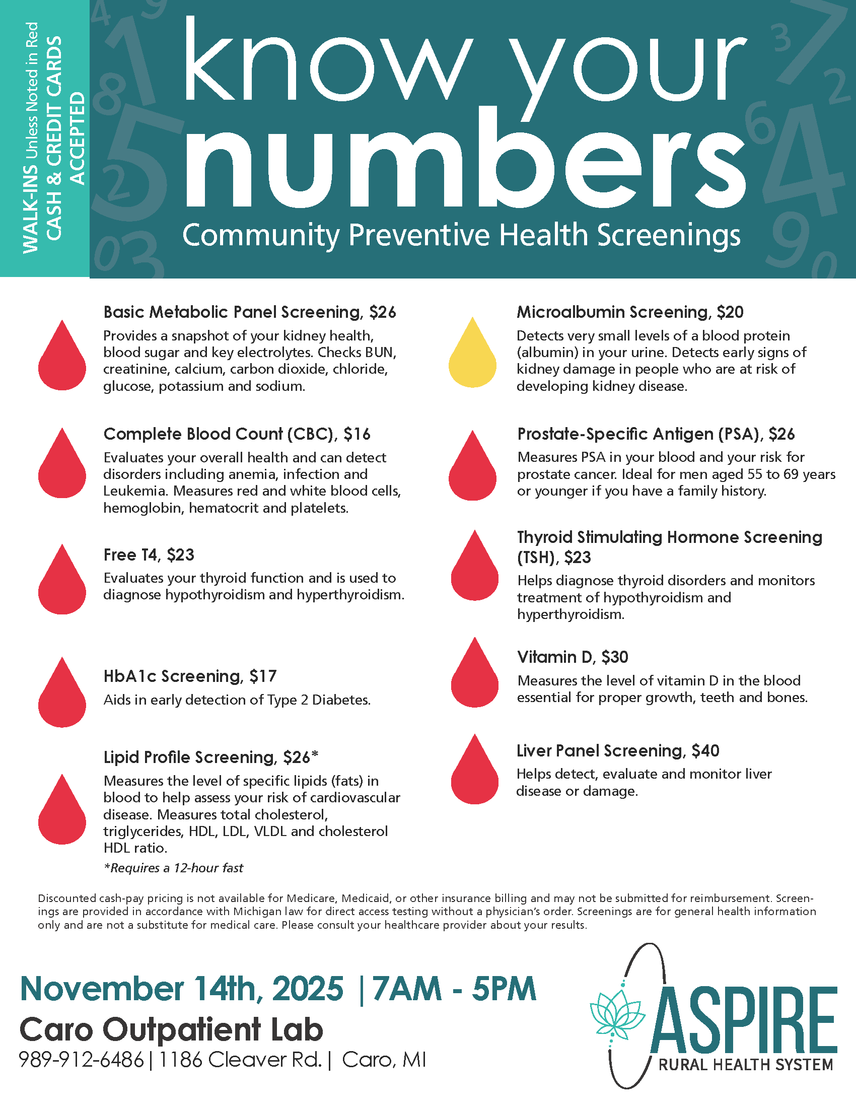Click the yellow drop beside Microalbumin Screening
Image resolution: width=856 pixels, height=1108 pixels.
(x=472, y=355)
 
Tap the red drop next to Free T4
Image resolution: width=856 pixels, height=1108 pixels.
(x=62, y=582)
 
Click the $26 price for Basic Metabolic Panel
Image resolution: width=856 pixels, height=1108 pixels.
(x=382, y=312)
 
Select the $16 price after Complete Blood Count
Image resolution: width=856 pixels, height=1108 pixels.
(x=357, y=434)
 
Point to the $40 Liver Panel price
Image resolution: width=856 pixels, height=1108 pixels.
(x=705, y=751)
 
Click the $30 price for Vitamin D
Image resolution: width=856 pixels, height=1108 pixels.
(x=615, y=657)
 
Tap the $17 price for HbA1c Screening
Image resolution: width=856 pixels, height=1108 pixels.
(x=263, y=676)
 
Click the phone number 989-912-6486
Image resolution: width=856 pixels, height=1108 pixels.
(x=81, y=1060)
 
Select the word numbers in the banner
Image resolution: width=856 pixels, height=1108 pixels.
(x=464, y=162)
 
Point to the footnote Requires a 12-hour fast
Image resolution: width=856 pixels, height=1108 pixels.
(x=173, y=868)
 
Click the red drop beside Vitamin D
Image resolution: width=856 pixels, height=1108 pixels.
(x=475, y=676)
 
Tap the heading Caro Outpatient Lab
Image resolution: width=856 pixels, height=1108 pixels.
(x=171, y=1030)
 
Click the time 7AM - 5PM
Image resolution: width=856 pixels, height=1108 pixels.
(x=454, y=989)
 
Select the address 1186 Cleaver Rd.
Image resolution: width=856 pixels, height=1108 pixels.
(x=240, y=1060)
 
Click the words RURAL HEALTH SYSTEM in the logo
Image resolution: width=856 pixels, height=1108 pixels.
(x=745, y=1064)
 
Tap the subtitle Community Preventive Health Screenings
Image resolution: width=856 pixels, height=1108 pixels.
(x=461, y=235)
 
